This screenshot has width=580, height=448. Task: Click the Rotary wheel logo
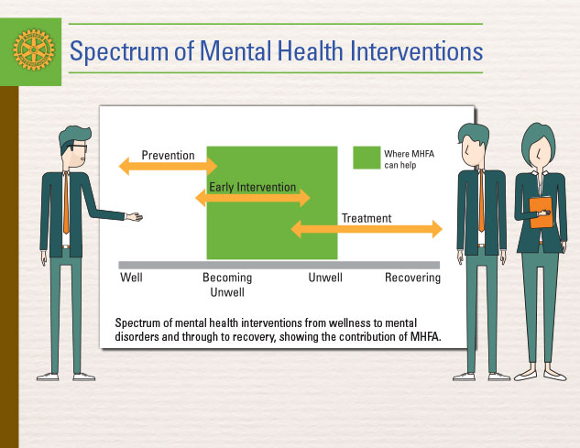pyautogui.click(x=33, y=50)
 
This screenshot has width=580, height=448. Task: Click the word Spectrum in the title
pyautogui.click(x=119, y=52)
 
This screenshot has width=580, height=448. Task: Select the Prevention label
pyautogui.click(x=168, y=156)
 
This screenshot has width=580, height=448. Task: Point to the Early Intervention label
pyautogui.click(x=253, y=187)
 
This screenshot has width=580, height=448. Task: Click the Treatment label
pyautogui.click(x=367, y=218)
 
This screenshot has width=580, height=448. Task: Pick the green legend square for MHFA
pyautogui.click(x=367, y=158)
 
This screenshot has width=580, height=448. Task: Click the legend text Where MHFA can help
pyautogui.click(x=409, y=159)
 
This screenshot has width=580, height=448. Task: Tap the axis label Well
pyautogui.click(x=131, y=278)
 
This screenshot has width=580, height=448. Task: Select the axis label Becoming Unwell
pyautogui.click(x=227, y=285)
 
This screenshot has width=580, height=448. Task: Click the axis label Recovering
pyautogui.click(x=413, y=278)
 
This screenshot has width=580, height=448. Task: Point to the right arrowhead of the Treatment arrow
pyautogui.click(x=437, y=229)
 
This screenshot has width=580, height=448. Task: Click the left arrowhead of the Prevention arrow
pyautogui.click(x=124, y=166)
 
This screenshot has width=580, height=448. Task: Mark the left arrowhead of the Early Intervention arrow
pyautogui.click(x=201, y=198)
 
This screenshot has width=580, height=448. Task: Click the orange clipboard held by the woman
pyautogui.click(x=541, y=213)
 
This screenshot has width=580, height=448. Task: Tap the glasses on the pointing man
pyautogui.click(x=78, y=148)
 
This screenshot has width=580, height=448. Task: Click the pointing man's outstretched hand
pyautogui.click(x=134, y=217)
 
